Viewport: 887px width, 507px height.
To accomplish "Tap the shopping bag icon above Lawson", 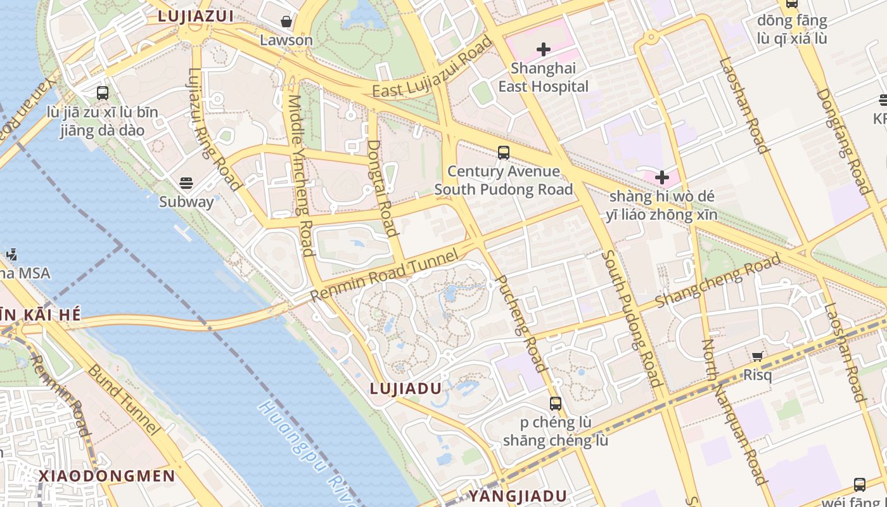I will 286,22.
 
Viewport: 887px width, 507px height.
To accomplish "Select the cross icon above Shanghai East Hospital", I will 543,49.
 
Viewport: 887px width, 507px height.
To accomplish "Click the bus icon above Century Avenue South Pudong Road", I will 504,153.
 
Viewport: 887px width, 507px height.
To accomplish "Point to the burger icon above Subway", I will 186,183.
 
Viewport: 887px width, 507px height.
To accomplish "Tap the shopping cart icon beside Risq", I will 757,357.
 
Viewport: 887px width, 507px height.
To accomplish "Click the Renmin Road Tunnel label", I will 384,276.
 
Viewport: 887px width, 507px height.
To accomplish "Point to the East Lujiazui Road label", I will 432,68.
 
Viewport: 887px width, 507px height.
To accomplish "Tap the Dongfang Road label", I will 842,141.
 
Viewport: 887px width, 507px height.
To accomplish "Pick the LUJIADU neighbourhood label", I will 405,388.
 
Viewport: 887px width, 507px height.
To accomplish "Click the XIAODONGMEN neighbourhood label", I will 106,476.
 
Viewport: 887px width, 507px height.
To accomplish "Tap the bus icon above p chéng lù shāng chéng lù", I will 556,403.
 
